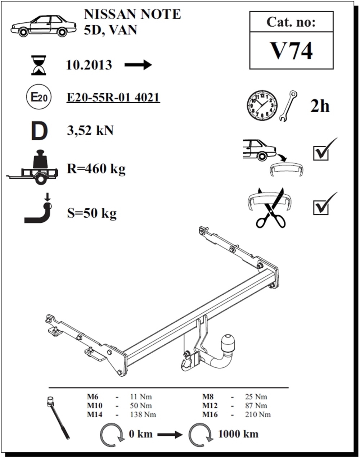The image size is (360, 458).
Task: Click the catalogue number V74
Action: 291,51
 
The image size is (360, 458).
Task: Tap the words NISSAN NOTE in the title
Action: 132,14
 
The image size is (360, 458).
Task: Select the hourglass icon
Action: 39,65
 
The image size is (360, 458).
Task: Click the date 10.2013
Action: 89,65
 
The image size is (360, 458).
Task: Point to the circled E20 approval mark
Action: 39,97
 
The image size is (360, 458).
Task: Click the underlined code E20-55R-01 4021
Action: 113,97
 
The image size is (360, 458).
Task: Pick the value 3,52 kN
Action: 90,130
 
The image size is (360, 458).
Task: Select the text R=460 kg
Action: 96,168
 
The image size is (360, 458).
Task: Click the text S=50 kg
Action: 92,213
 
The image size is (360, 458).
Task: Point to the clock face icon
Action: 262,106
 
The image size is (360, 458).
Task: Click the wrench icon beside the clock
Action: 288,106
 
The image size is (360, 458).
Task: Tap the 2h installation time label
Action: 320,106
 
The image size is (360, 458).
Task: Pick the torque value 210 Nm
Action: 257,414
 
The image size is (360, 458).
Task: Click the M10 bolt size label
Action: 95,405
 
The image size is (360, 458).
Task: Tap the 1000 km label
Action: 238,434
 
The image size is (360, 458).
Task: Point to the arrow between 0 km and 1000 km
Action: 170,435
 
